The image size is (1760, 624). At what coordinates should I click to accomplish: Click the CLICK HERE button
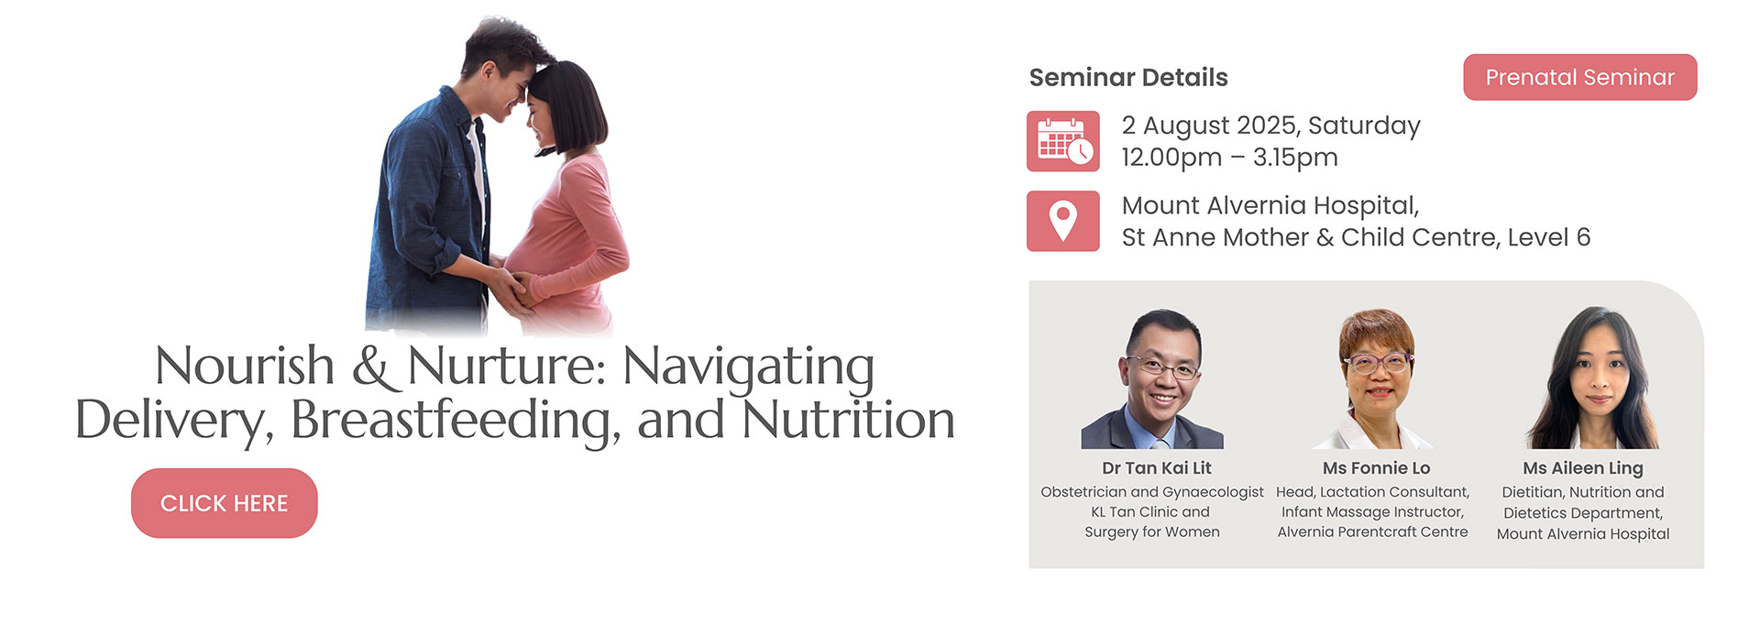point(225,503)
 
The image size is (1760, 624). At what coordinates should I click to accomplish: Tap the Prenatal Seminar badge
point(1580,77)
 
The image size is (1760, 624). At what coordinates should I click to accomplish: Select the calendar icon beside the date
point(1063,141)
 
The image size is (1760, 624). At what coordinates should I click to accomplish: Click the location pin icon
point(1063,221)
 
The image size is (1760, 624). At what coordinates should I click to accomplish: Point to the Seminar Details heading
point(1128,78)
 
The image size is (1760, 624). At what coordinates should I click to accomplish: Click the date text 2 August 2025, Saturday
point(1271,126)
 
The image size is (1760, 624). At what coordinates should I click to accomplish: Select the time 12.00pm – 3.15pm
point(1230,158)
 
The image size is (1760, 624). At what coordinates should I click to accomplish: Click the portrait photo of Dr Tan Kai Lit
point(1153,379)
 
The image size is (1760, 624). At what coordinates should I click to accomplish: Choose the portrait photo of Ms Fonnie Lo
point(1374,379)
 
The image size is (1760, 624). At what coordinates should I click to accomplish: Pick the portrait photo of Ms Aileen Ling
point(1592,378)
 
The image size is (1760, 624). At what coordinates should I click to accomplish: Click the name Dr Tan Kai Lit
point(1157,468)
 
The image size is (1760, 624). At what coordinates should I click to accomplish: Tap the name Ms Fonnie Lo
point(1376,468)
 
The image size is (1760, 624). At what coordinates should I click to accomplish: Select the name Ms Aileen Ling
point(1583,469)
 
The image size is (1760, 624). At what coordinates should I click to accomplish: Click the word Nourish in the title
point(245,367)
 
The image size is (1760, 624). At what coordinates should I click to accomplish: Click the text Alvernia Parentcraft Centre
point(1372,532)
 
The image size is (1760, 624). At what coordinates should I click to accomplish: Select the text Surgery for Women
point(1152,532)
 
